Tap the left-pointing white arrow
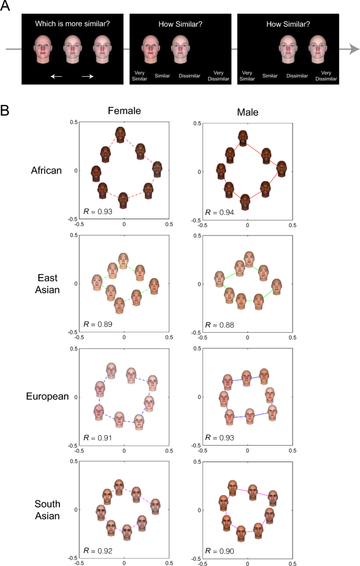click(x=56, y=77)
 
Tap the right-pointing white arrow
click(x=88, y=77)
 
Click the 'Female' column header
click(x=124, y=111)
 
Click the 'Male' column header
click(x=248, y=111)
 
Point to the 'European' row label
click(x=47, y=396)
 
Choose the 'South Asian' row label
click(x=45, y=509)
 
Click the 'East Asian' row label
click(x=46, y=284)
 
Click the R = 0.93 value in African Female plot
click(x=98, y=211)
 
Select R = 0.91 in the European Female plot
click(x=98, y=437)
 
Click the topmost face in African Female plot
click(x=121, y=135)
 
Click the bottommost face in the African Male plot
click(x=245, y=202)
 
